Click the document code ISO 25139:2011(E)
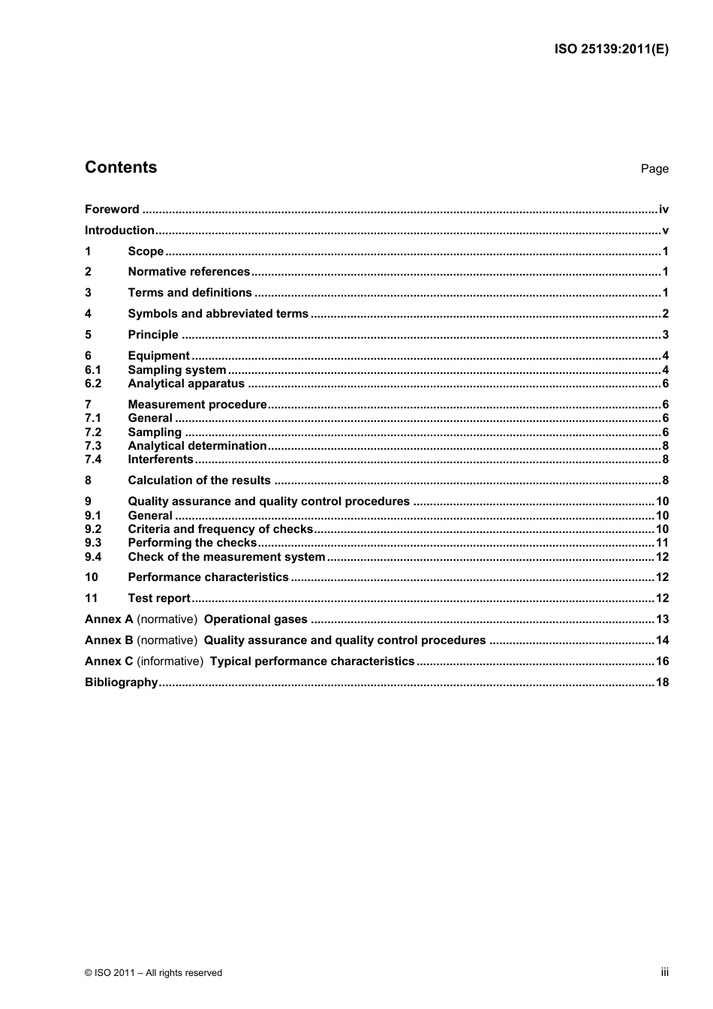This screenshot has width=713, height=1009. click(x=611, y=50)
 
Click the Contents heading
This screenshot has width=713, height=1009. click(x=121, y=167)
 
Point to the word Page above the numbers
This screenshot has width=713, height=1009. click(x=654, y=169)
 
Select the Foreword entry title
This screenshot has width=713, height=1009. click(x=112, y=209)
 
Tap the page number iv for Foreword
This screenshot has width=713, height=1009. click(x=663, y=209)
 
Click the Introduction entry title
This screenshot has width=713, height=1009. click(x=119, y=230)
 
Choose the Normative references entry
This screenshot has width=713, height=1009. click(x=188, y=272)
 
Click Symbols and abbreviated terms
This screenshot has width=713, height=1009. click(x=218, y=314)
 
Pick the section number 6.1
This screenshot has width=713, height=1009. click(x=93, y=370)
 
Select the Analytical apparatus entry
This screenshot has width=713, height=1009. click(x=186, y=384)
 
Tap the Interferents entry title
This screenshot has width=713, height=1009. click(x=161, y=459)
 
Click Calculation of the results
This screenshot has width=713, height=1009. click(x=199, y=480)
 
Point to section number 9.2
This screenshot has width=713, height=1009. click(x=93, y=529)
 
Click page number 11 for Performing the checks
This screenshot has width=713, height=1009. click(x=662, y=543)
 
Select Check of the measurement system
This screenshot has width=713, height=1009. click(x=226, y=557)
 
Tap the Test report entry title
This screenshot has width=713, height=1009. click(x=159, y=598)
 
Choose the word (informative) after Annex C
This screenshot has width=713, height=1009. click(x=170, y=661)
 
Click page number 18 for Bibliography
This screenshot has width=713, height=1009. click(x=662, y=682)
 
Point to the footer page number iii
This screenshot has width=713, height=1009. click(x=664, y=972)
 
